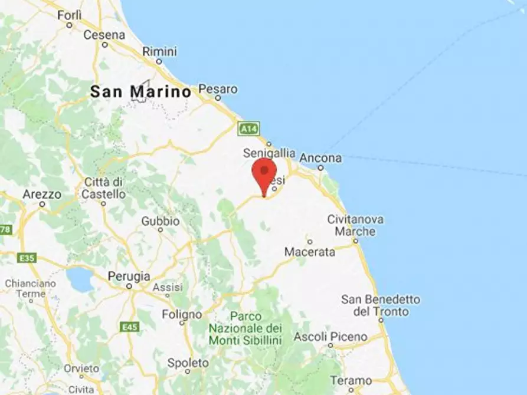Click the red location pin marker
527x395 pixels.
pyautogui.click(x=264, y=174)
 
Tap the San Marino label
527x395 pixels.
pyautogui.click(x=140, y=92)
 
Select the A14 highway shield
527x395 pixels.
pyautogui.click(x=249, y=128)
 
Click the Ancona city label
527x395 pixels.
pyautogui.click(x=320, y=158)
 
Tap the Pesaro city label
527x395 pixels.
pyautogui.click(x=218, y=90)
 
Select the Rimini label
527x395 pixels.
pyautogui.click(x=159, y=51)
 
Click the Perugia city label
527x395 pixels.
pyautogui.click(x=129, y=276)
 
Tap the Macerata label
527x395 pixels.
pyautogui.click(x=310, y=252)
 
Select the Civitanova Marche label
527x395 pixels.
pyautogui.click(x=355, y=225)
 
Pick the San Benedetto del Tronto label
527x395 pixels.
pyautogui.click(x=381, y=305)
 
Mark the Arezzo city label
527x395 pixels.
pyautogui.click(x=42, y=194)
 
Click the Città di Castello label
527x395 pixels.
pyautogui.click(x=104, y=187)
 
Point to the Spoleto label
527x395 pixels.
pyautogui.click(x=188, y=363)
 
